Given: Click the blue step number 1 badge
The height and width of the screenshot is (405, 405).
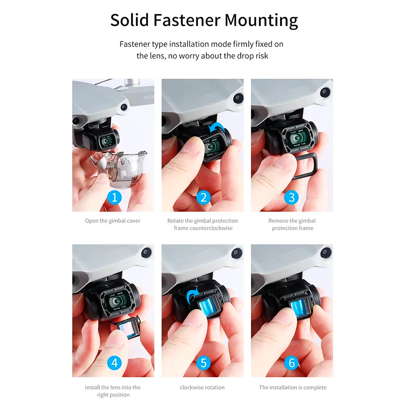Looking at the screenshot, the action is pyautogui.click(x=114, y=197).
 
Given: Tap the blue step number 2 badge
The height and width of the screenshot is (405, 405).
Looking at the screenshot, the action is pyautogui.click(x=204, y=197).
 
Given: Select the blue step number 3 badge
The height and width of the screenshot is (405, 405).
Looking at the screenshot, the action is pyautogui.click(x=291, y=197).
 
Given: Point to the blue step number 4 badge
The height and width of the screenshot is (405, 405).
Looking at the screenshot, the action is pyautogui.click(x=114, y=363).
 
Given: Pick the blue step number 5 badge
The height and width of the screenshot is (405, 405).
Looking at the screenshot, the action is pyautogui.click(x=204, y=363).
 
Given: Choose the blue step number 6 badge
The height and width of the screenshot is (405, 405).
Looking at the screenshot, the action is pyautogui.click(x=291, y=363).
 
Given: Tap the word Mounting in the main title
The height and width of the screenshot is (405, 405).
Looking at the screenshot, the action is pyautogui.click(x=262, y=21).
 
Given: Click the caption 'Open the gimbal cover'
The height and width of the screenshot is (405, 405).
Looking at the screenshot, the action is pyautogui.click(x=112, y=221).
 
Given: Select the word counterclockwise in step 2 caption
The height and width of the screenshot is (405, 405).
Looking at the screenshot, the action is pyautogui.click(x=203, y=228).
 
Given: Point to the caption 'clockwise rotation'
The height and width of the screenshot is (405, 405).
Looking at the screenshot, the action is pyautogui.click(x=202, y=387).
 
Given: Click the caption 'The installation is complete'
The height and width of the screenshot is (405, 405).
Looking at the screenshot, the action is pyautogui.click(x=293, y=387).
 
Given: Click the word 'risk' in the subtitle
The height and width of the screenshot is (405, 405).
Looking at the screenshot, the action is pyautogui.click(x=262, y=56).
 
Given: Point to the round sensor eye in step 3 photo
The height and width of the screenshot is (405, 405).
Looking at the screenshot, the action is pyautogui.click(x=325, y=92).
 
